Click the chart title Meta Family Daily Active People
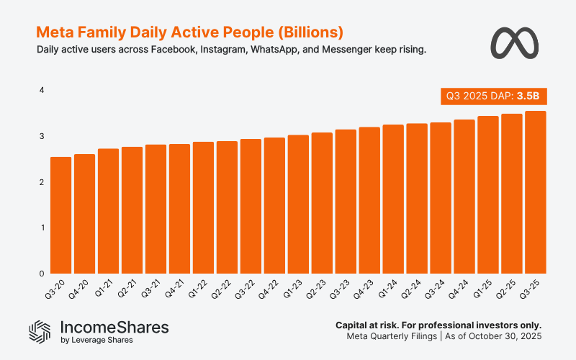(189, 32)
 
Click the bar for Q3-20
(60, 215)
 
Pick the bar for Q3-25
(536, 192)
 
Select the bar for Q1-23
(298, 204)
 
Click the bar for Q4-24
(464, 197)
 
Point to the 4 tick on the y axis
(42, 90)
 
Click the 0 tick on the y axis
(42, 274)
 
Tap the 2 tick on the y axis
(42, 182)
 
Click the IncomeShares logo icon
(40, 330)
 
